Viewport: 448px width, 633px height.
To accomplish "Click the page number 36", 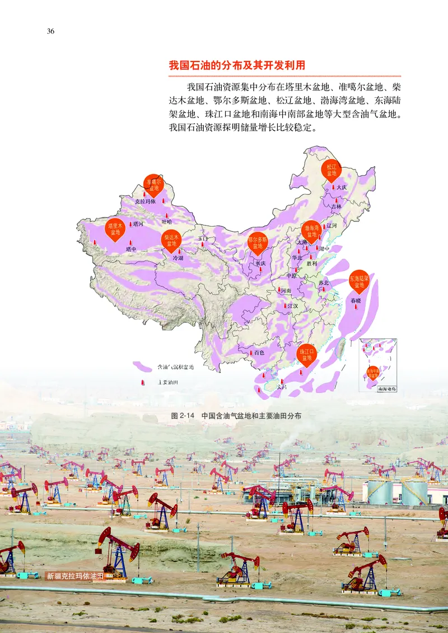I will [x=50, y=31].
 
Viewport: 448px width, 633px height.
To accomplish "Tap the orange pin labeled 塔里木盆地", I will [x=115, y=229].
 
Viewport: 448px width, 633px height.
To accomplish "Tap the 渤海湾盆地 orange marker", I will [x=311, y=231].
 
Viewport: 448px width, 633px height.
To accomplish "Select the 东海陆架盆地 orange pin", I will [x=359, y=281].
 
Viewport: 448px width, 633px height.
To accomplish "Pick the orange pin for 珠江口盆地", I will [x=306, y=355].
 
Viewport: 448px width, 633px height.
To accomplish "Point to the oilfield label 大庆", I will [x=342, y=187].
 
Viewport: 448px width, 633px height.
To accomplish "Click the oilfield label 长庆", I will [x=260, y=263].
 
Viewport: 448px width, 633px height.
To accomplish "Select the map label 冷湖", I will [x=178, y=258].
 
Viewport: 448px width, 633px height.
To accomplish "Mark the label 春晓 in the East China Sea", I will [x=356, y=300].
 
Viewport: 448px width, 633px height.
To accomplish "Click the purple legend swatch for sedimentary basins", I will [x=142, y=367].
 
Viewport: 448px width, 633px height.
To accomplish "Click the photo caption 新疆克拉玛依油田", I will [x=76, y=575].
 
